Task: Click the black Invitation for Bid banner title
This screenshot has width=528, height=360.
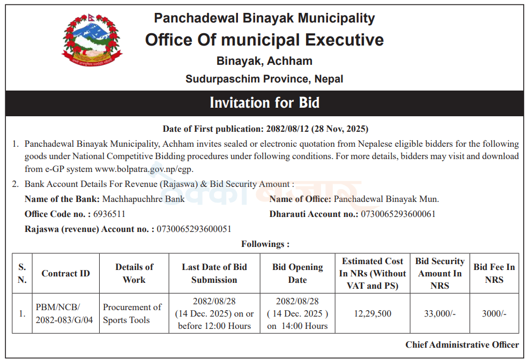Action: coord(264,102)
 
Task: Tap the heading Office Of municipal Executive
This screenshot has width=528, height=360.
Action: coord(264,40)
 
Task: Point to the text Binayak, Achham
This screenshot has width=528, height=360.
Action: coord(264,61)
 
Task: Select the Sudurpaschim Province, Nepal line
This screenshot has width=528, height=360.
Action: coord(264,79)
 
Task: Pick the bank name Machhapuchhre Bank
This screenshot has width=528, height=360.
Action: coord(144,199)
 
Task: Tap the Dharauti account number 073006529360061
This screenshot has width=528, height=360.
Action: coord(398,214)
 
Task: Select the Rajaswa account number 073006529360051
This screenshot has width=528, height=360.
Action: coord(194,229)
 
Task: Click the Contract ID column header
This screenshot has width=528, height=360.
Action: coord(66,273)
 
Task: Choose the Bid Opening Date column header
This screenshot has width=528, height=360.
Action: coord(298,273)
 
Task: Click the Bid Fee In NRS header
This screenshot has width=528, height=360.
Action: coord(494,273)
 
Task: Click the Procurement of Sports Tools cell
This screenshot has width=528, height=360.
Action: coord(132,313)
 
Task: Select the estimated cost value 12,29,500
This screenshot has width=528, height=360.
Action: coord(373,313)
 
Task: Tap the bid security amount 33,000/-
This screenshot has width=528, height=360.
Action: coord(440,313)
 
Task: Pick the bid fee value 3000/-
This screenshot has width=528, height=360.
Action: coord(494,313)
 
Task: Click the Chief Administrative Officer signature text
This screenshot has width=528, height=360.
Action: coord(462,344)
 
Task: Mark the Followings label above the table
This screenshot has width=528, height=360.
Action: coord(265,244)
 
